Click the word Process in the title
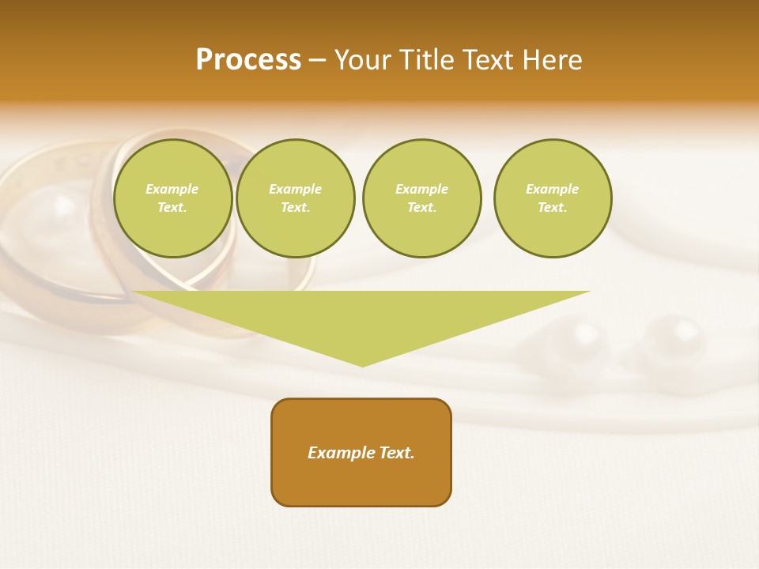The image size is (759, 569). pyautogui.click(x=248, y=60)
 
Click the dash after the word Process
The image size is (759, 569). pyautogui.click(x=318, y=62)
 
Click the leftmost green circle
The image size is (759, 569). pyautogui.click(x=172, y=198)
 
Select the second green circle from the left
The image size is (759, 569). pyautogui.click(x=296, y=198)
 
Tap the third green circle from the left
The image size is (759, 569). pyautogui.click(x=421, y=198)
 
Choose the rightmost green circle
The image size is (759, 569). pyautogui.click(x=553, y=198)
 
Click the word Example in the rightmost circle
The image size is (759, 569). pyautogui.click(x=552, y=189)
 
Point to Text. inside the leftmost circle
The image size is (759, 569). pyautogui.click(x=172, y=208)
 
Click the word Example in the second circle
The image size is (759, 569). pyautogui.click(x=295, y=189)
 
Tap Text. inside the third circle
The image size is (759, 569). pyautogui.click(x=421, y=208)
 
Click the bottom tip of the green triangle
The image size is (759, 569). pyautogui.click(x=362, y=364)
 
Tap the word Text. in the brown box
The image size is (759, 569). pyautogui.click(x=396, y=453)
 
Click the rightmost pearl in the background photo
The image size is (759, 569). pyautogui.click(x=674, y=341)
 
